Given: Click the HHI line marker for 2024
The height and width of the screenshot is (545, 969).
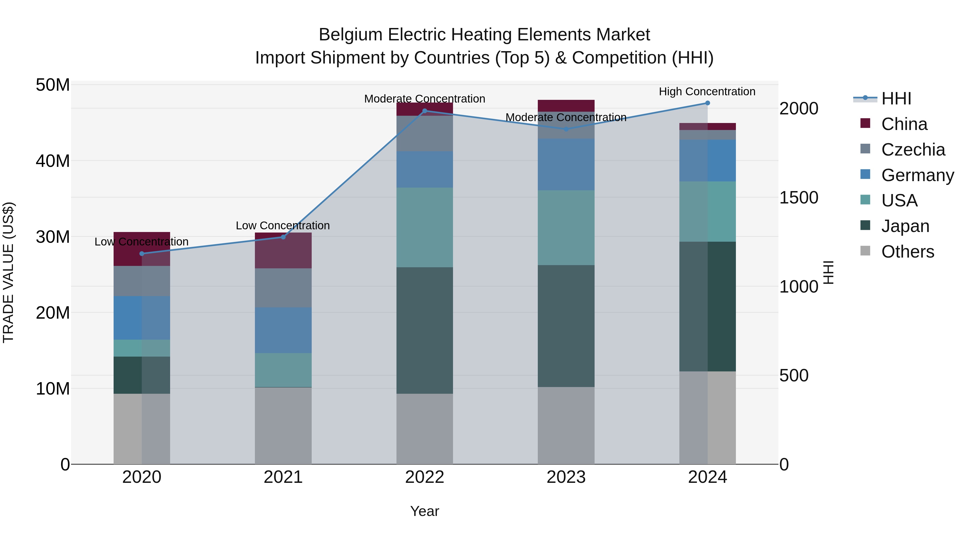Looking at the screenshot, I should (x=707, y=103).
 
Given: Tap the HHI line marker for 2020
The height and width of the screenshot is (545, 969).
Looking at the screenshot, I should (x=142, y=254).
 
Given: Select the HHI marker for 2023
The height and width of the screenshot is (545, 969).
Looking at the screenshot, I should (x=566, y=129).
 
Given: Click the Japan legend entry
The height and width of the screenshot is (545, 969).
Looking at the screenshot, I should (x=905, y=226).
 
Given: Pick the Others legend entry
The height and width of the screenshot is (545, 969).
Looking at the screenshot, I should (x=907, y=252).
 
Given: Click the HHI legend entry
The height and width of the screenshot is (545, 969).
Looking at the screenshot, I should (x=896, y=99).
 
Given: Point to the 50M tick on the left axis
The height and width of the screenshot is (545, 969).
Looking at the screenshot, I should (x=53, y=85).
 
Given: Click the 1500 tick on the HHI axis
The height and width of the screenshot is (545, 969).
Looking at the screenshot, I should (x=798, y=198).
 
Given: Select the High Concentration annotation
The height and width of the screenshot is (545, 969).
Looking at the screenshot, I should (x=707, y=92).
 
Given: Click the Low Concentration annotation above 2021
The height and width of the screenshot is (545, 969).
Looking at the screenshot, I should (x=283, y=226).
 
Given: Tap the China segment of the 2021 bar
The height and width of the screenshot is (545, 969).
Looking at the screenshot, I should (x=283, y=251).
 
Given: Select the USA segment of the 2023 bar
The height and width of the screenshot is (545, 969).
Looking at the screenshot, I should (x=566, y=227).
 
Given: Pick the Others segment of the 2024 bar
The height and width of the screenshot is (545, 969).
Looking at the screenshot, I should (x=707, y=417).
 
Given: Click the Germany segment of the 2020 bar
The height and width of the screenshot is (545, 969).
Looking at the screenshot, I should (x=142, y=318).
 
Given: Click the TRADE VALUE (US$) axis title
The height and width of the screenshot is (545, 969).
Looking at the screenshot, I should (x=8, y=272).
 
